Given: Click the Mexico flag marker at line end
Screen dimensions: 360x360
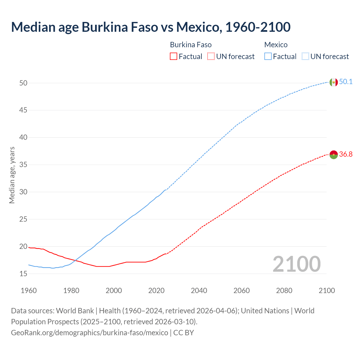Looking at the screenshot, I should click(334, 82).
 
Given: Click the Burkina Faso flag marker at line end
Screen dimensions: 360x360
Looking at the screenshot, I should click(334, 155).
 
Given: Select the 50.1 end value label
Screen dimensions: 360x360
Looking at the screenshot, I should click(346, 82).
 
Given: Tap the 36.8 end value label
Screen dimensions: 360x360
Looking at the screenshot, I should click(346, 154).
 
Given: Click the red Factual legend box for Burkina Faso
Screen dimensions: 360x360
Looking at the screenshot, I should click(174, 57).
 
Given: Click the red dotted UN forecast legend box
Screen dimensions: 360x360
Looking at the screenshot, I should click(211, 57).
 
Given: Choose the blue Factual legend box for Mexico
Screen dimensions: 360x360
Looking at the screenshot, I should click(268, 57).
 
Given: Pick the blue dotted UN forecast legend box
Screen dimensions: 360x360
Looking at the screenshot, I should click(305, 57).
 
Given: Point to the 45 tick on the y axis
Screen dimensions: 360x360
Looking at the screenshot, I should click(23, 110).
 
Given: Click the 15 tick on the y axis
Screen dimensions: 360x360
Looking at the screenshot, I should click(23, 274).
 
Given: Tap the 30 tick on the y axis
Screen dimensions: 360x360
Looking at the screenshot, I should click(23, 192).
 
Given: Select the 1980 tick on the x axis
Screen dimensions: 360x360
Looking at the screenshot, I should click(71, 291).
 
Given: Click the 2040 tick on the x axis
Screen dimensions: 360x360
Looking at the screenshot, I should click(199, 291).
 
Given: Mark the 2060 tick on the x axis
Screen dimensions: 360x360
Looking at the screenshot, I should click(242, 291).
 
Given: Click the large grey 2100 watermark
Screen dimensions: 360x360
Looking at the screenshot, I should click(296, 264).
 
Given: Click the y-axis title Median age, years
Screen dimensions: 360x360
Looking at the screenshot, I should click(12, 175).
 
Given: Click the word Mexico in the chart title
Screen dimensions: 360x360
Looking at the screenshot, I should click(197, 27).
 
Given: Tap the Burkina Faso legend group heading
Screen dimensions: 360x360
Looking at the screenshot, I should click(191, 45).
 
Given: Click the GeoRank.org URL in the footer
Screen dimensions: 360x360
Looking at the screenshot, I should click(89, 333).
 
